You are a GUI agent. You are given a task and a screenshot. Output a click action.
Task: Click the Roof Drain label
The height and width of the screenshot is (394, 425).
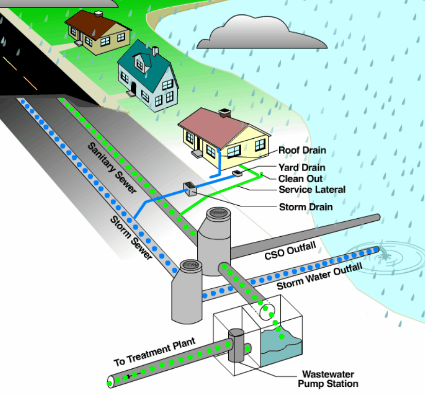tap(302, 151)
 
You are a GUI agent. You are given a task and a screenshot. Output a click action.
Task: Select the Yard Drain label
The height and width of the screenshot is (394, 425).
tap(302, 168)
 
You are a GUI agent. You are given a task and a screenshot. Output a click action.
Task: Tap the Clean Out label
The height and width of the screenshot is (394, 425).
tap(300, 178)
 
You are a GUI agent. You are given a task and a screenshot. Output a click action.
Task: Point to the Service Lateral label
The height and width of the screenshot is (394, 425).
tap(312, 189)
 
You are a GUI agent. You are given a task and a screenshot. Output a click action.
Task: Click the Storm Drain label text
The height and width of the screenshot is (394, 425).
tap(305, 207)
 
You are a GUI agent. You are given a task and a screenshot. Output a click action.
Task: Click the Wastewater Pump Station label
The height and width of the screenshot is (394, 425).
tap(328, 379)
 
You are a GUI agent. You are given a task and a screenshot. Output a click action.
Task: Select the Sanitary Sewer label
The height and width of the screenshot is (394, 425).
tap(112, 168)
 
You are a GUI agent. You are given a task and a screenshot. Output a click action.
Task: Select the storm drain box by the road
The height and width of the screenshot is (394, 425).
tap(190, 188)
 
